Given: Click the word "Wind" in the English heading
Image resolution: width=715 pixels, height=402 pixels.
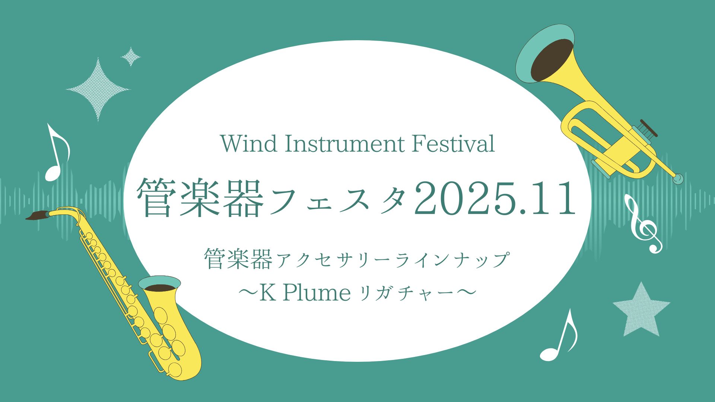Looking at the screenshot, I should (249, 144).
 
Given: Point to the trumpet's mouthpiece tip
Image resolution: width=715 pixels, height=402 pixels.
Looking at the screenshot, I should (679, 179).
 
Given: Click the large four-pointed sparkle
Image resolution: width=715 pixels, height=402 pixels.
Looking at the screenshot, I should (98, 89).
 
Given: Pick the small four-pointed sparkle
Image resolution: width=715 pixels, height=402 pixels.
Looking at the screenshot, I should (131, 57).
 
